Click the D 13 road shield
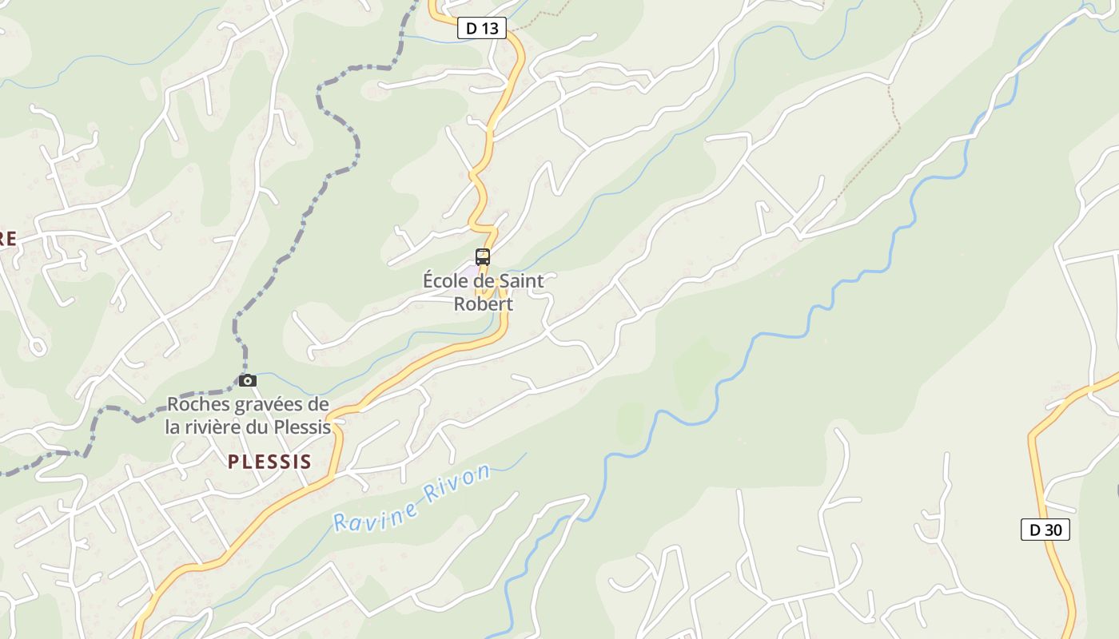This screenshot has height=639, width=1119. (482, 29)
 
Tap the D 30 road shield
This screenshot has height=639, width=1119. (1045, 529)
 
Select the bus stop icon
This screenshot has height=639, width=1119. (483, 257)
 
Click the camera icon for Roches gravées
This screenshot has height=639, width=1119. (248, 380)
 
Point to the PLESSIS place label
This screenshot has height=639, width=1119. (269, 462)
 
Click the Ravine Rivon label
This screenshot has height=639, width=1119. (411, 497)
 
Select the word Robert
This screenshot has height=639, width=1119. (483, 304)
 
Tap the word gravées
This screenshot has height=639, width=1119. (262, 404)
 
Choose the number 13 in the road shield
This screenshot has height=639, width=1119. (490, 29)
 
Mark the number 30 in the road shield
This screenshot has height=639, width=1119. (1053, 529)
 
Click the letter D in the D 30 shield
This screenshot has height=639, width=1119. (1035, 529)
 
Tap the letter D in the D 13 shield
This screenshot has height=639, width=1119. (472, 29)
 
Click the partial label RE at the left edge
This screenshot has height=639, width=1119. (8, 239)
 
